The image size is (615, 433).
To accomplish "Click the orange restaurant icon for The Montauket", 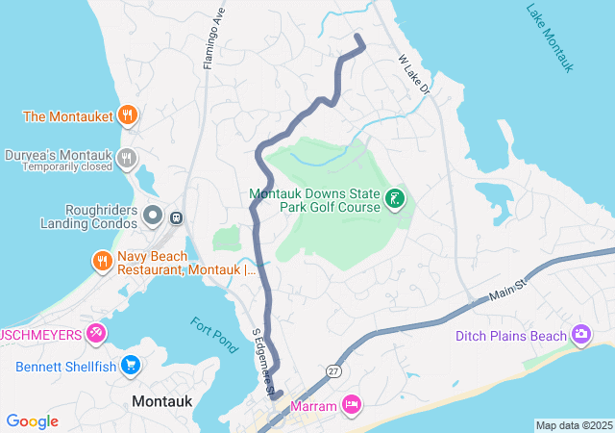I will click(127, 116).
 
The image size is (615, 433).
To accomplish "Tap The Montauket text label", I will click(66, 117).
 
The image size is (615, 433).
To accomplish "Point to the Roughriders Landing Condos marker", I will click(153, 216).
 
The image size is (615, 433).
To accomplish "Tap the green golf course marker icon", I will click(394, 200).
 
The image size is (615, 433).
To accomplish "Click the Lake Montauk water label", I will click(551, 38).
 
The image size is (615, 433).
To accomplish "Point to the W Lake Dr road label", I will click(417, 73).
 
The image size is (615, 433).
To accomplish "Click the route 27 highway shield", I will click(332, 370).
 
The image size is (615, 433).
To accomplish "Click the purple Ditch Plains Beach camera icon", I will click(580, 335).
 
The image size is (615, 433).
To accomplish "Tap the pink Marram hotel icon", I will click(352, 405).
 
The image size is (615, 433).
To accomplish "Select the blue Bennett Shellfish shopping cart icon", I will click(132, 366).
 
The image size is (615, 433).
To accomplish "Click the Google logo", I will click(33, 421).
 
